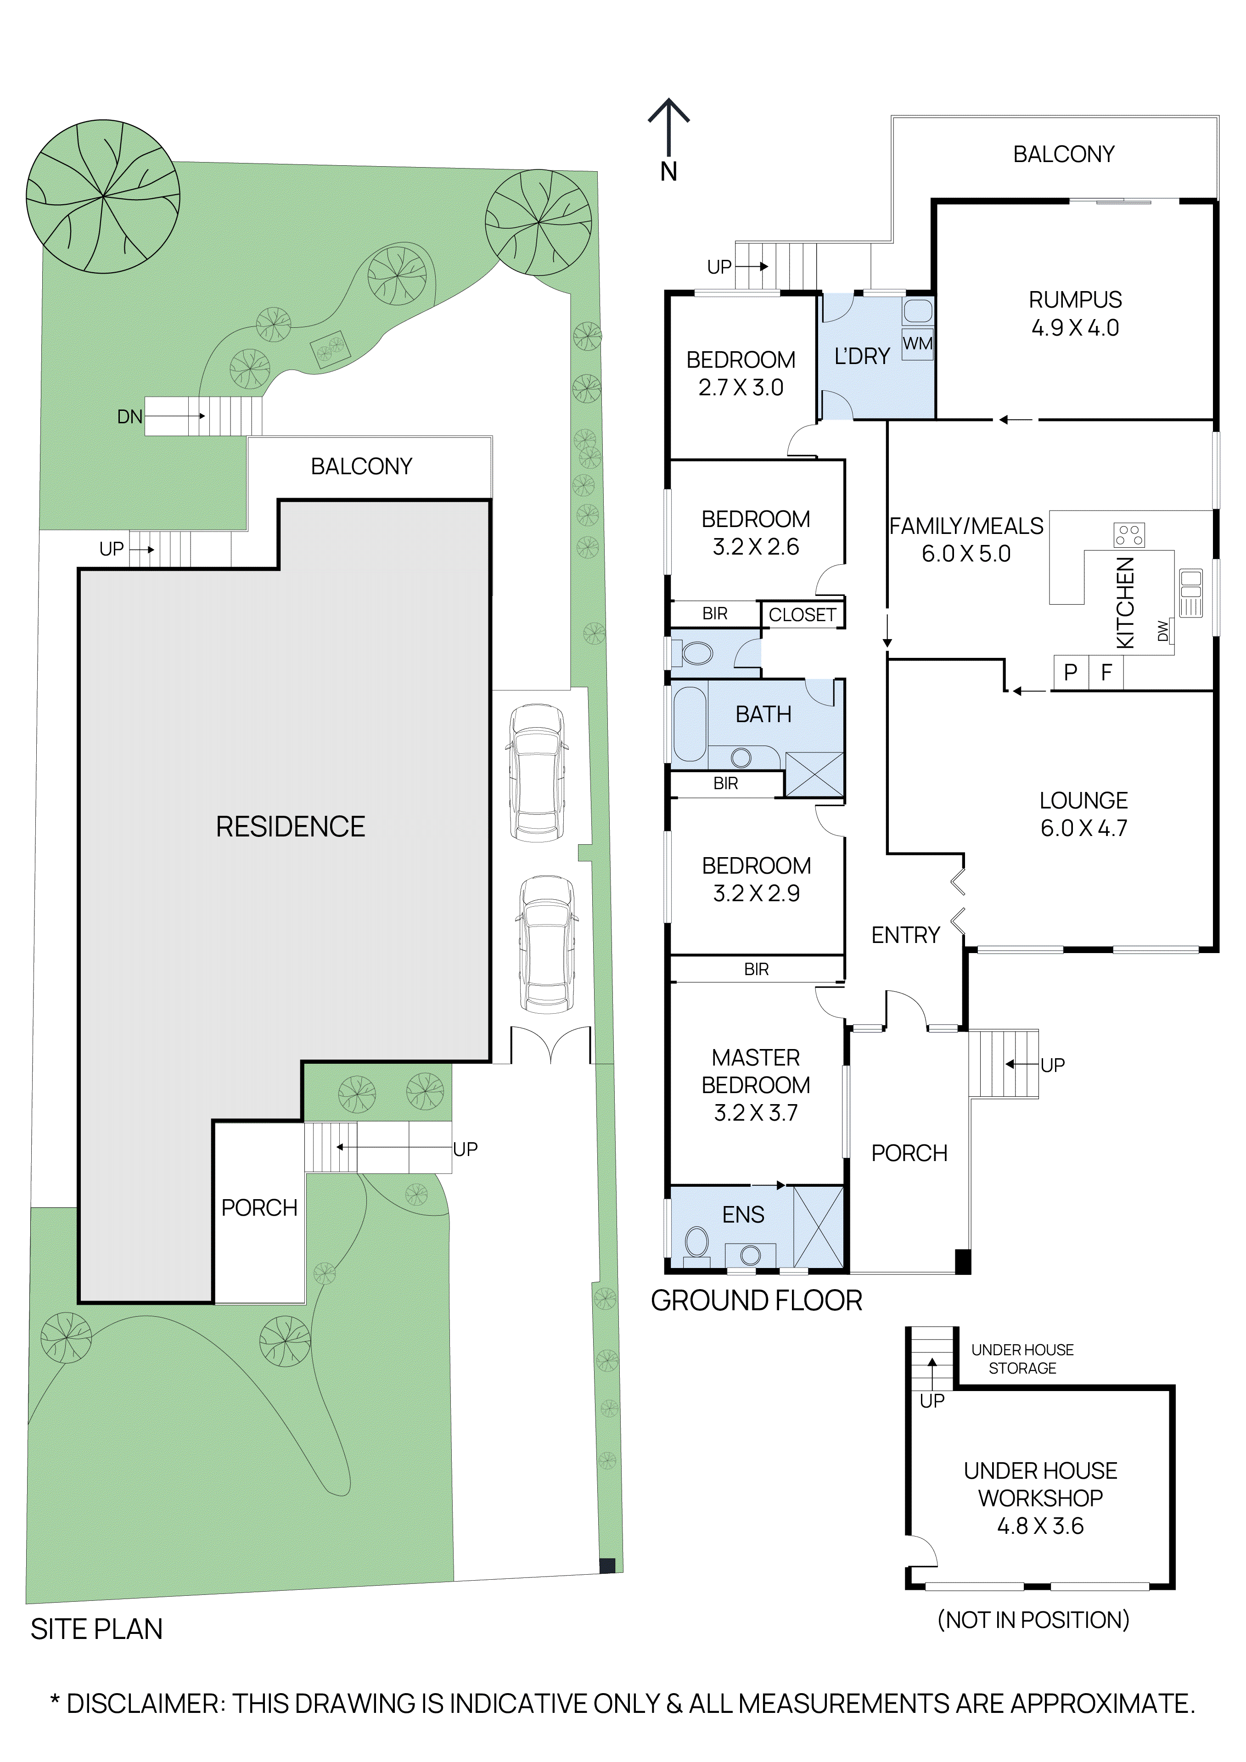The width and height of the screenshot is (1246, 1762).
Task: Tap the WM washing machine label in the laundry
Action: tap(918, 343)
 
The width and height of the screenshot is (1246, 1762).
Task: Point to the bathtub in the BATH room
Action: tap(689, 724)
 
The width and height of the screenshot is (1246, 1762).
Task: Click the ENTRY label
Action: tap(905, 935)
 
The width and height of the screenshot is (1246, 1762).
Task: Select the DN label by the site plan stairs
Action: tap(129, 417)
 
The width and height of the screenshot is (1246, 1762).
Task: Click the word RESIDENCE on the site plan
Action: tap(290, 826)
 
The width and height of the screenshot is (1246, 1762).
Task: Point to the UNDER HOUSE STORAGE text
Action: tap(1022, 1358)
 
